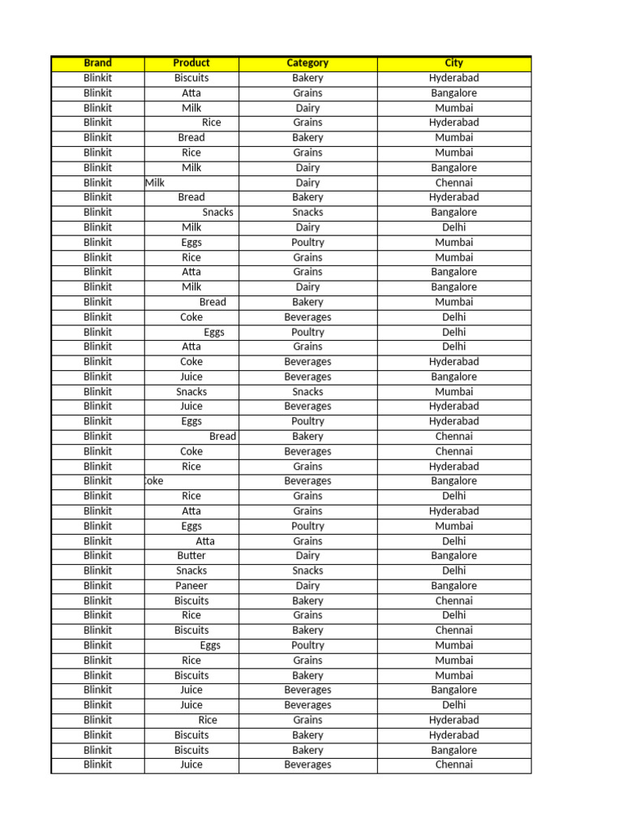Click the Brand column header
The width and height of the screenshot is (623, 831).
(x=97, y=63)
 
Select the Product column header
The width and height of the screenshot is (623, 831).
(x=191, y=63)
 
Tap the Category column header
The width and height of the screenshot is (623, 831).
(x=307, y=63)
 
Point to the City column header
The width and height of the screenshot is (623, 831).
(x=453, y=63)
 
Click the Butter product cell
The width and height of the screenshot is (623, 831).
(x=191, y=556)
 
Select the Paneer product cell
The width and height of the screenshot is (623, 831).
(x=191, y=586)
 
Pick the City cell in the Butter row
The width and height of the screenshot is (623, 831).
(x=453, y=556)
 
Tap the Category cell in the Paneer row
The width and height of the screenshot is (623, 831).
(x=307, y=586)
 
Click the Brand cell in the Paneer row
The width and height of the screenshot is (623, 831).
(x=97, y=586)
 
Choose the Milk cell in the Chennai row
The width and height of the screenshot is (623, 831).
(x=155, y=183)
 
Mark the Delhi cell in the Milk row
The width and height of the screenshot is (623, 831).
(x=453, y=227)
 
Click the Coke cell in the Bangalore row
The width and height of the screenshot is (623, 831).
(x=153, y=481)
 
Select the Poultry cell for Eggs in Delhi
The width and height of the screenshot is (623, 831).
(x=307, y=332)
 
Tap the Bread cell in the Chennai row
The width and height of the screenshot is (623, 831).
(x=222, y=437)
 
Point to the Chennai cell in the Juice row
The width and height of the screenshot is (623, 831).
(x=453, y=764)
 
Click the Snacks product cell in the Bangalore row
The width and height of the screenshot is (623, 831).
(x=217, y=213)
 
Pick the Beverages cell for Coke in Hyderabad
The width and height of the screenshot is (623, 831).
(x=307, y=362)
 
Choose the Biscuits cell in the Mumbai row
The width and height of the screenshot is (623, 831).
(x=191, y=675)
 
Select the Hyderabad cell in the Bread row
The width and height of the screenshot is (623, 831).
(x=453, y=197)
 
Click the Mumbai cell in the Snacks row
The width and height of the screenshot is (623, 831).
(x=453, y=392)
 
